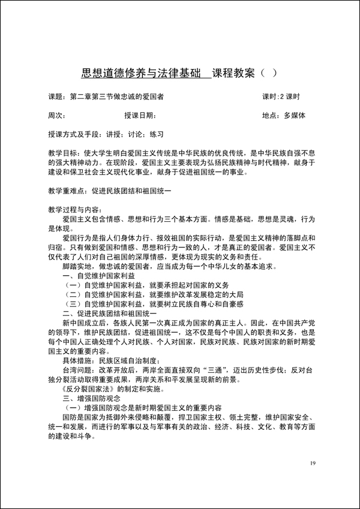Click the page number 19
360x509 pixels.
coord(313,463)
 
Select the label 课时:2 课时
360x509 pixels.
coord(281,96)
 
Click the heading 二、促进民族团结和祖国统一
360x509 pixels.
coord(110,314)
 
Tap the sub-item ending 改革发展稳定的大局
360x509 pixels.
coord(148,295)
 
